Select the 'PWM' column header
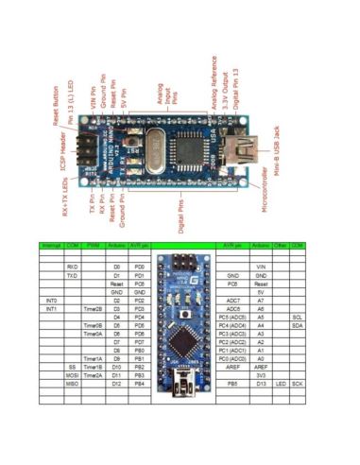[93, 244]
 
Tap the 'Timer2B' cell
[93, 308]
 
